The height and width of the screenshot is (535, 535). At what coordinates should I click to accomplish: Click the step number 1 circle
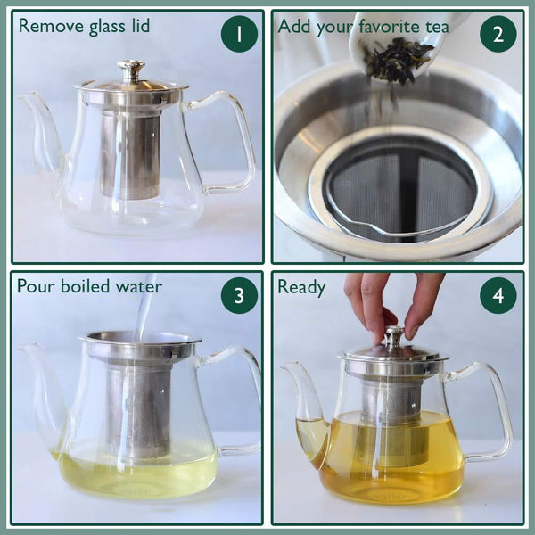click(239, 34)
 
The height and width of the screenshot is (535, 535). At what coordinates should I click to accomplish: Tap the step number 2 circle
click(498, 34)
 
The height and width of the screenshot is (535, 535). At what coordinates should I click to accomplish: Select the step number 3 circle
click(239, 295)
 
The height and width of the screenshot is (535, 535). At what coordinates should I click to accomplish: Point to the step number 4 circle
click(498, 295)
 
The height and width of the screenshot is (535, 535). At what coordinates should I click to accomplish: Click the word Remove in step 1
click(47, 26)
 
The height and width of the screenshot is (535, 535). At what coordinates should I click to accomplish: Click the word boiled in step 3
click(94, 287)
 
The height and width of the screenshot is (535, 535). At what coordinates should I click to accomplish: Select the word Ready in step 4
click(301, 287)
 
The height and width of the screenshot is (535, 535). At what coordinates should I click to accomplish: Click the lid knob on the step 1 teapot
click(131, 70)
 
